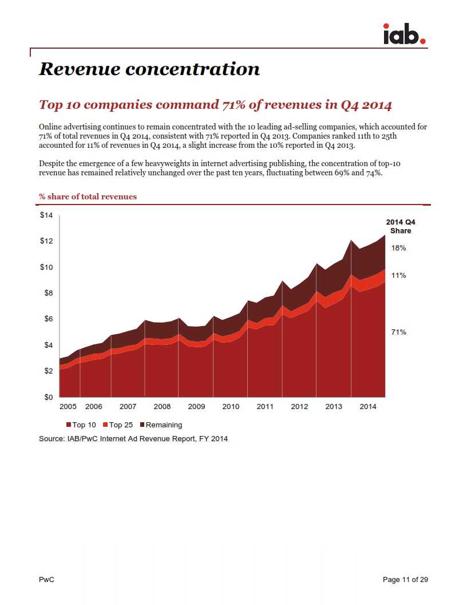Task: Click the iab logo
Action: [x=404, y=34]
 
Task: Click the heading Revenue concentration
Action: [x=149, y=69]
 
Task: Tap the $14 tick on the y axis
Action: [x=46, y=215]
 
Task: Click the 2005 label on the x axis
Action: [x=68, y=407]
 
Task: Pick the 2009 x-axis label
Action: [x=196, y=407]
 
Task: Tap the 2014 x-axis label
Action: [x=368, y=407]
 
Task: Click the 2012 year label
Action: [x=299, y=407]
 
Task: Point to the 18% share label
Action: [x=399, y=248]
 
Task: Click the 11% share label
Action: [x=399, y=276]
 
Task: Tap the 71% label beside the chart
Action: [x=399, y=332]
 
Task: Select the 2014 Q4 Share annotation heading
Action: [x=401, y=226]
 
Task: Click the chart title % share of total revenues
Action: [x=88, y=197]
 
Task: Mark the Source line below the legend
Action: [x=133, y=439]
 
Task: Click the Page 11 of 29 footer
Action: [x=405, y=580]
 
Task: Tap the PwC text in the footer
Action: [x=46, y=580]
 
